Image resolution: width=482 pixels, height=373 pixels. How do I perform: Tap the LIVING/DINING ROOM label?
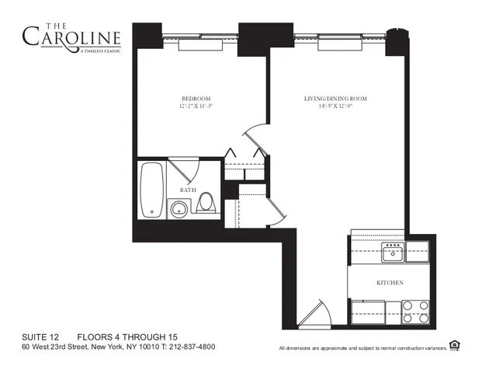tap(335, 99)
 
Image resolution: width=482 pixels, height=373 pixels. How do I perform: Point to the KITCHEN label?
tap(389, 283)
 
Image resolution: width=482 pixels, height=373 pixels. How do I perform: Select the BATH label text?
tap(187, 190)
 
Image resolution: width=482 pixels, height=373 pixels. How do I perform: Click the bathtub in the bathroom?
tap(152, 190)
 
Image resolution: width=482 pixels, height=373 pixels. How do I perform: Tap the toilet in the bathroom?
tap(206, 204)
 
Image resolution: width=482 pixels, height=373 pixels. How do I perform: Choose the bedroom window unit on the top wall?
tap(200, 45)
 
